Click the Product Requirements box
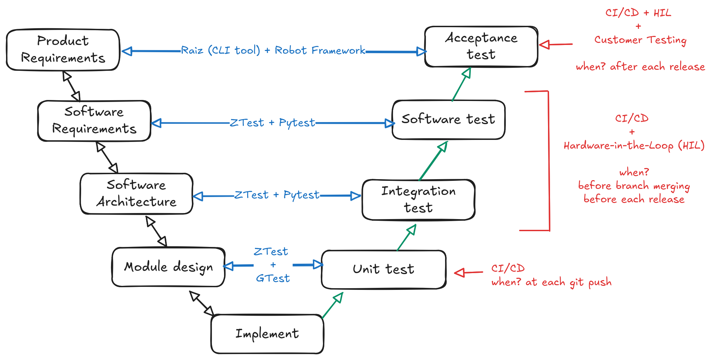(63, 50)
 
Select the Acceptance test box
(481, 47)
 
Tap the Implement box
(267, 334)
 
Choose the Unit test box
(383, 269)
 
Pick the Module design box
(168, 267)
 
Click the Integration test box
(418, 200)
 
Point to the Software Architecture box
(136, 194)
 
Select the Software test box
(448, 119)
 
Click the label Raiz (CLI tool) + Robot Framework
(273, 50)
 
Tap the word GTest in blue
(273, 278)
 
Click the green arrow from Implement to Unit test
(332, 305)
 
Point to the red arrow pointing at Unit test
(468, 272)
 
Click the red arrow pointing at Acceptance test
(555, 44)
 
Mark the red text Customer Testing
(640, 40)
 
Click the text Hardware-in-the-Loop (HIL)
(634, 146)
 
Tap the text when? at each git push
(551, 282)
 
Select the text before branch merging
(634, 186)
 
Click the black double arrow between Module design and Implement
(202, 303)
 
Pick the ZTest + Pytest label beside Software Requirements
(272, 123)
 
